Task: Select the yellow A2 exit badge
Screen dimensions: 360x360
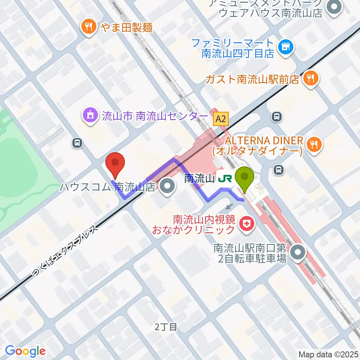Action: coord(221,120)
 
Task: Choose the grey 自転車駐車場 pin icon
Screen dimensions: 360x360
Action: coord(298,253)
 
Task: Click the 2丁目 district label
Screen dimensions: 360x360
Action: coord(166,327)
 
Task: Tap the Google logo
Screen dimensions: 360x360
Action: coord(25,351)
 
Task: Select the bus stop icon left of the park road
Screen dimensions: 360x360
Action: coord(77,142)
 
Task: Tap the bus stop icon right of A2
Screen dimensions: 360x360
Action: coord(277,117)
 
